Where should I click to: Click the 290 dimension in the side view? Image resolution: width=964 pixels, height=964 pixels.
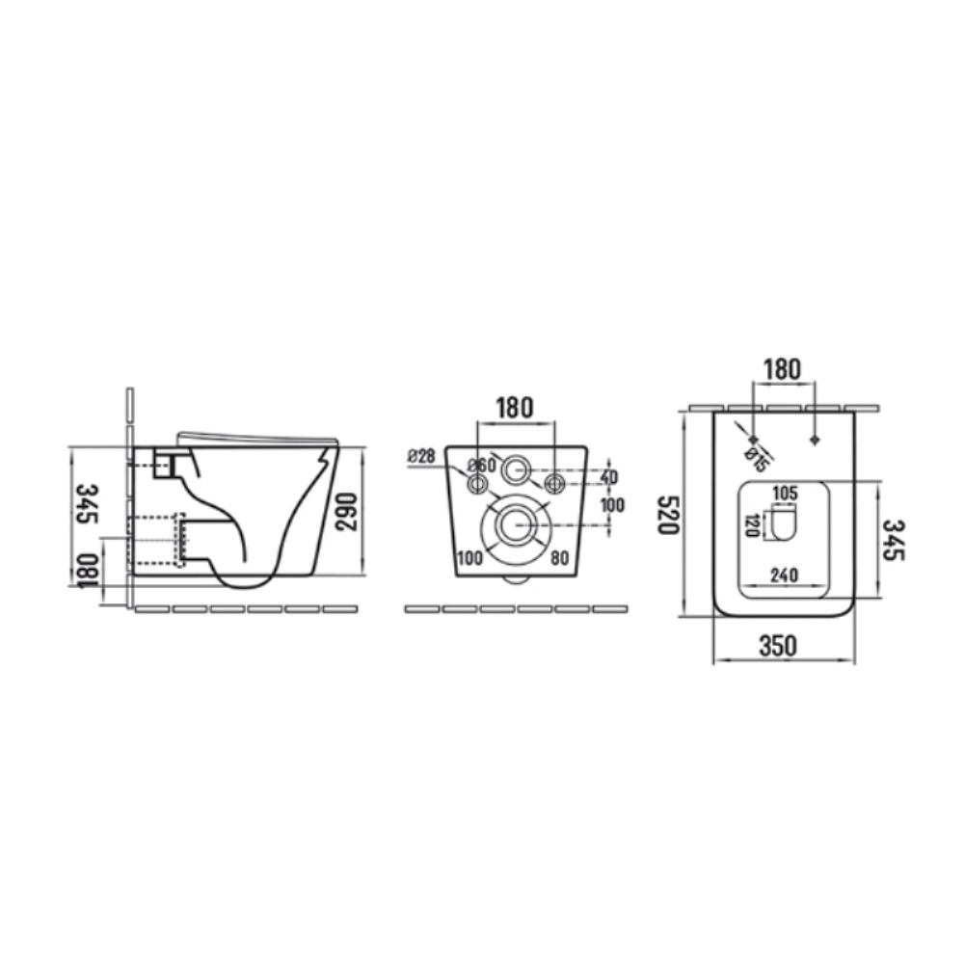[x=347, y=512]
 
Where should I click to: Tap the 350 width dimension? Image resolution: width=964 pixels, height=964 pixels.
[x=778, y=646]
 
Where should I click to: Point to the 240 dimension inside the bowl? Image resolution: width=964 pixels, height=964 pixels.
[x=784, y=576]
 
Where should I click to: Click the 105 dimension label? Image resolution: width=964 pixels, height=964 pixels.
[x=785, y=493]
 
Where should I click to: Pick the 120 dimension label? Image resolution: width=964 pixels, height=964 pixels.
[x=752, y=525]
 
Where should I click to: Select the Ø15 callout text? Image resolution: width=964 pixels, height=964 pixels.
[x=756, y=461]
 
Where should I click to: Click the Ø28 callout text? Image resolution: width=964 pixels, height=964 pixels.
[x=422, y=456]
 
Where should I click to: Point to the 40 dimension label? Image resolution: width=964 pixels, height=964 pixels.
[x=608, y=476]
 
